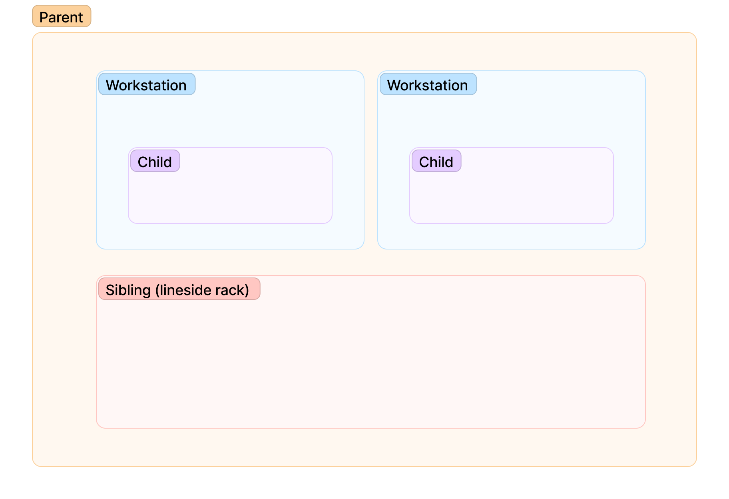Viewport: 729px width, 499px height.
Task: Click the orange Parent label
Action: (x=62, y=16)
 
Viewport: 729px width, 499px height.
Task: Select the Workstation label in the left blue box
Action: (x=147, y=84)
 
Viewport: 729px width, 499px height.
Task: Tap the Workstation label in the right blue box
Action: (x=428, y=84)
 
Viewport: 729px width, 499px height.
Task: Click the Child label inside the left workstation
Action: (x=155, y=161)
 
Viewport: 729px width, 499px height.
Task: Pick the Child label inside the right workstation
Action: (x=436, y=161)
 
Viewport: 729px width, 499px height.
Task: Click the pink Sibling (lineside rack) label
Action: (x=179, y=289)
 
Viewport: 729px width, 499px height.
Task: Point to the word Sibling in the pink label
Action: (x=128, y=290)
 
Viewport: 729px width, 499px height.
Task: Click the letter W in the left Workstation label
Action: (x=113, y=86)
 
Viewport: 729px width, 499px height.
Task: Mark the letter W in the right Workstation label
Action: (x=394, y=86)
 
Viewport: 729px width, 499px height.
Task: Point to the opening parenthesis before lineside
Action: (x=157, y=291)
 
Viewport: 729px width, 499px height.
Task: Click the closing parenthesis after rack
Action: (x=247, y=291)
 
